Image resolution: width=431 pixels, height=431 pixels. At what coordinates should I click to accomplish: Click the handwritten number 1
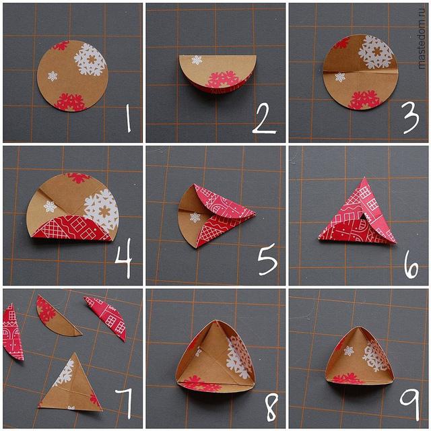[128, 119]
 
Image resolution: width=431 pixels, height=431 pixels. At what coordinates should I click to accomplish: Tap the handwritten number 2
[263, 119]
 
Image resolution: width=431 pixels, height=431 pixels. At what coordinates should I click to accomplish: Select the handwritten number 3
[411, 118]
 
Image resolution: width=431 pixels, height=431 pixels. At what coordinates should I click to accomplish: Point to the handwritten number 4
[124, 258]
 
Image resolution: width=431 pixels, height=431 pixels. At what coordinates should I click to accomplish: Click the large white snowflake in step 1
[90, 60]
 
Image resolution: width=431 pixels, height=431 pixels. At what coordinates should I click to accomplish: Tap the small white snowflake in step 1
[53, 76]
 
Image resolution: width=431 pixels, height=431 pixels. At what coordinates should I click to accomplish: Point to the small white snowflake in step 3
[340, 77]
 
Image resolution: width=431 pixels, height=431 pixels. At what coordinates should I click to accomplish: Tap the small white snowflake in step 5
[195, 218]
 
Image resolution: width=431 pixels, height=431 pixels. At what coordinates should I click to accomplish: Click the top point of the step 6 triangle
[364, 178]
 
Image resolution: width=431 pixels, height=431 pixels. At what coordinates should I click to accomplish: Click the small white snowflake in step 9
[349, 351]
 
